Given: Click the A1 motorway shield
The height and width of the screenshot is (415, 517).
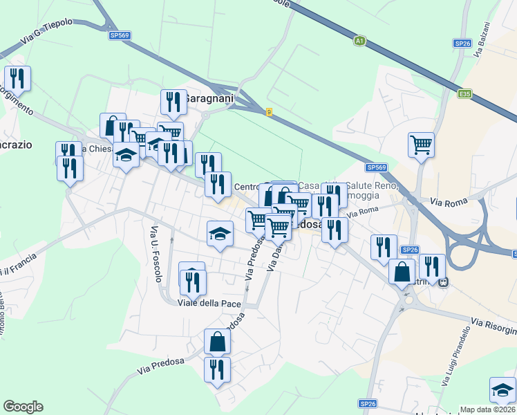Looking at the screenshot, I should (359, 41).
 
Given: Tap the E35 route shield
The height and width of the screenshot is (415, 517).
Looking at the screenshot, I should (464, 93).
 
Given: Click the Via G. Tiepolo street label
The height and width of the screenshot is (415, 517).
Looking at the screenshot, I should (46, 33).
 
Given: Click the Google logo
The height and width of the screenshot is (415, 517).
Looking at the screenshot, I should (23, 407).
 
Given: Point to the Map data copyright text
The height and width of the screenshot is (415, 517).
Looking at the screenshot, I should (488, 409).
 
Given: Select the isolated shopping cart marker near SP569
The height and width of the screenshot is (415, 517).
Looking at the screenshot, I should (421, 145).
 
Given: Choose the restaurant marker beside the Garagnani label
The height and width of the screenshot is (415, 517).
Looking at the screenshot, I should (173, 102).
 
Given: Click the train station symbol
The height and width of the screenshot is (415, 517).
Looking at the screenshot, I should (443, 282).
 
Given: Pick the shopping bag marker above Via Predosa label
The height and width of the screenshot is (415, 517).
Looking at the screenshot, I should (217, 341).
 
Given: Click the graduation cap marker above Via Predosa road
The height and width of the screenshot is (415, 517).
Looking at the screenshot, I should (220, 232).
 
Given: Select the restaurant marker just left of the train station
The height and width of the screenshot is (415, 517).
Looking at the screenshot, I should (431, 266).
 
